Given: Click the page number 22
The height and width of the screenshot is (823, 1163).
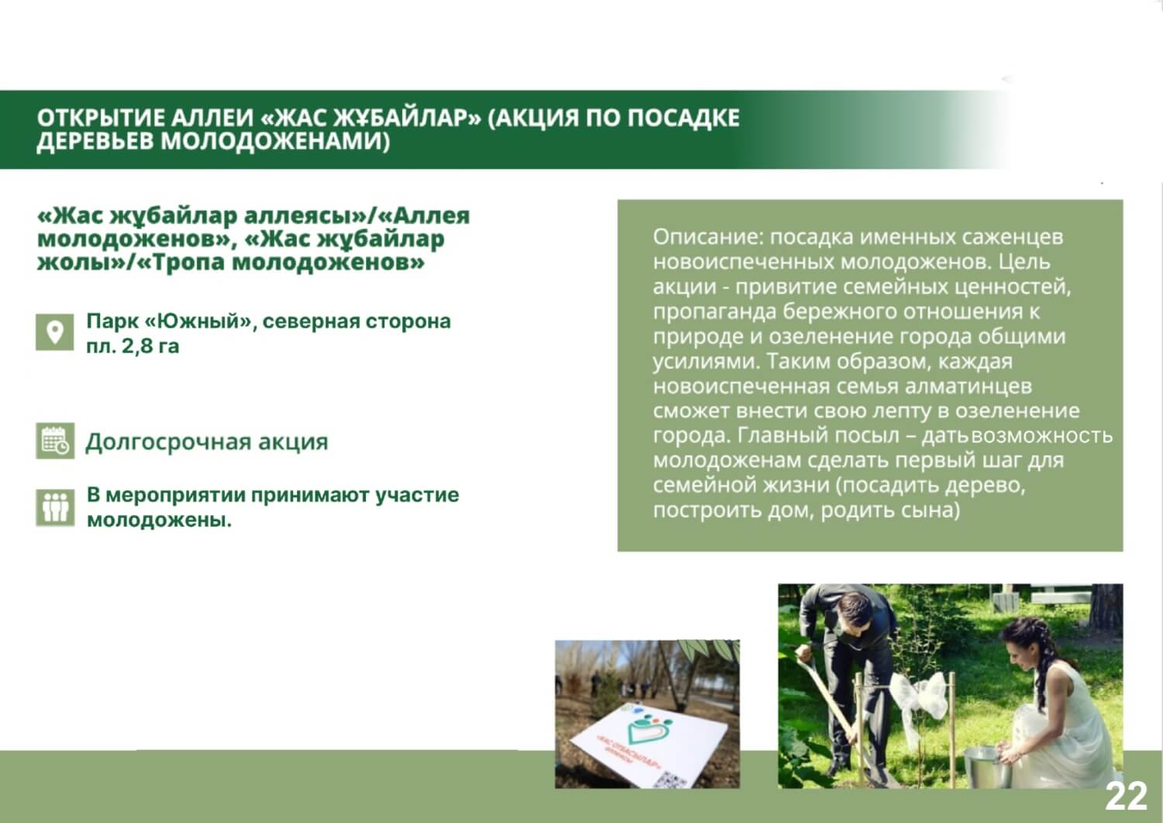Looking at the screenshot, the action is pos(1126,796).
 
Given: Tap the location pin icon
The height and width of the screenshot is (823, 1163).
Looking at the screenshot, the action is pos(54,332).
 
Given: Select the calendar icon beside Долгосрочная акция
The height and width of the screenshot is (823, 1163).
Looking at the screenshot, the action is pos(55,441).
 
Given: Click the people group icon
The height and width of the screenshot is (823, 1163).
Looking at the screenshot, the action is pos(55,507).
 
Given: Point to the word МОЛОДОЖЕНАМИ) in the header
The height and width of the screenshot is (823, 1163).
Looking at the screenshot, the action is pos(275,141).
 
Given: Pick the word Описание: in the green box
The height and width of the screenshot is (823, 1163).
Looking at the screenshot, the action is pos(708,237).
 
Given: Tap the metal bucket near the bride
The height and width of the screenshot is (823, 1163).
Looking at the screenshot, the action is pos(987,766).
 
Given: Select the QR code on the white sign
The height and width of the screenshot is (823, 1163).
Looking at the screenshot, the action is pos(672,780).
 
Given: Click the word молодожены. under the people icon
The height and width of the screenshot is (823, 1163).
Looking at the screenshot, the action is pos(160,520).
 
